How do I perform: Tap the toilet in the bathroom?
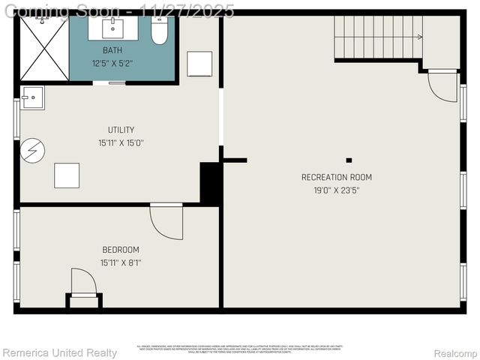coord(159,31)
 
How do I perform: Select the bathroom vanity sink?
coord(115,28)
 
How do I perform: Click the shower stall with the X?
coord(43,47)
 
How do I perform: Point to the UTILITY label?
coord(121,130)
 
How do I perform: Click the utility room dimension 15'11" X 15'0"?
coord(121,142)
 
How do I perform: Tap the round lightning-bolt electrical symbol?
coord(33,151)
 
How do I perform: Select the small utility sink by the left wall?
coord(33,97)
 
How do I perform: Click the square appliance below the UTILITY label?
coord(67,175)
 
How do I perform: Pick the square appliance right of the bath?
coord(199,64)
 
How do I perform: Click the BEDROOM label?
coord(121,249)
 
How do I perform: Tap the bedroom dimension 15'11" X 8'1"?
coord(121,262)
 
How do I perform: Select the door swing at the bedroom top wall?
coord(166,221)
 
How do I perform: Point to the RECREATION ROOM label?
coord(337,177)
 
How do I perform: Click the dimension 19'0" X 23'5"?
coord(337,190)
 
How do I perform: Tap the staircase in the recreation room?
coord(378,37)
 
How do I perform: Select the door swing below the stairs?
coord(443,85)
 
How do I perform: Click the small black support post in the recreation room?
coord(349,160)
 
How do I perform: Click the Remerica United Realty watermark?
coord(59,352)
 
